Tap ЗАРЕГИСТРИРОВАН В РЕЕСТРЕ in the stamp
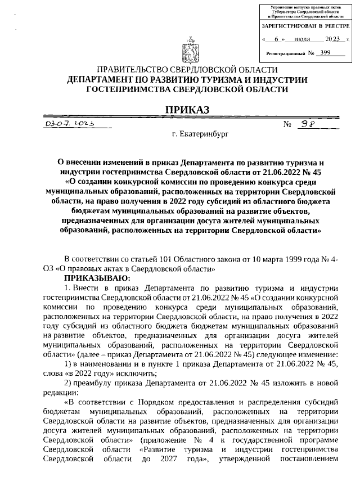[304, 26]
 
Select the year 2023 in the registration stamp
[334, 39]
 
